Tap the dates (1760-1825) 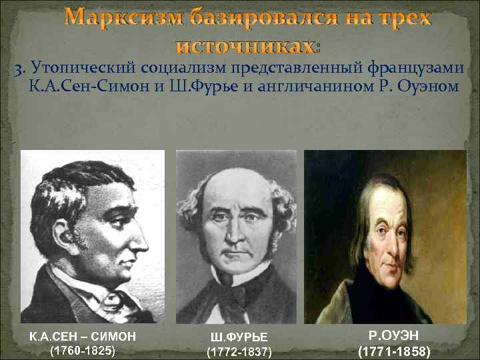[82, 350]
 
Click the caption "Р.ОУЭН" [393, 336]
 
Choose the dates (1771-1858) [393, 351]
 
